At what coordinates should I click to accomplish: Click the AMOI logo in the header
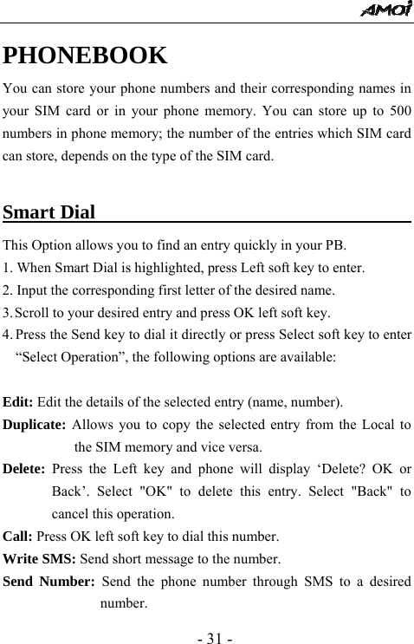(x=386, y=10)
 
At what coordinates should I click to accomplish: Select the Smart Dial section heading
(x=49, y=212)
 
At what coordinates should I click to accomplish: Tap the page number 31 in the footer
(x=206, y=622)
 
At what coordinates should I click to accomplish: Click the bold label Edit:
(x=18, y=402)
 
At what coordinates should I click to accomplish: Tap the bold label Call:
(x=17, y=536)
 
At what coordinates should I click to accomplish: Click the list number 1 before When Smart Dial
(x=7, y=267)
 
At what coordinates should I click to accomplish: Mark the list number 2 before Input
(x=7, y=289)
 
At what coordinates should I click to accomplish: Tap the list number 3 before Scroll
(x=7, y=312)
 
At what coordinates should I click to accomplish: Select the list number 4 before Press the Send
(x=7, y=335)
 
